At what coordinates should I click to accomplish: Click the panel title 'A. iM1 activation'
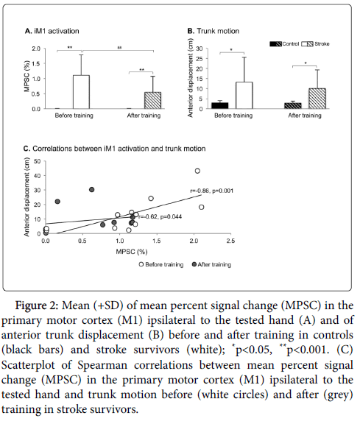tap(52, 31)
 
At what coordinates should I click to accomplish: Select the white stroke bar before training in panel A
tap(81, 92)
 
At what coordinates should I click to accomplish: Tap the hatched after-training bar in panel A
tap(153, 100)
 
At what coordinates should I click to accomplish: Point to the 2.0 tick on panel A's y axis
tap(36, 49)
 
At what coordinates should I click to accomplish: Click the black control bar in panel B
tap(220, 105)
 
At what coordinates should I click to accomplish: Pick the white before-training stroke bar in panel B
tap(244, 96)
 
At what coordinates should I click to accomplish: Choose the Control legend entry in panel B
tap(284, 44)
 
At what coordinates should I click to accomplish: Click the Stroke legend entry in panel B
tap(315, 44)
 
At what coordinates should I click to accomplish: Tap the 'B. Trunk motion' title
tap(213, 31)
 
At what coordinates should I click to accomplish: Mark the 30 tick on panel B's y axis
tap(199, 49)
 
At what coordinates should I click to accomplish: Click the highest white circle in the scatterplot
tap(197, 171)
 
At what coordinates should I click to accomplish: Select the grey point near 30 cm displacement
tap(91, 190)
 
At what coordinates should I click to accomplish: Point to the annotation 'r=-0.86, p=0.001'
tap(212, 191)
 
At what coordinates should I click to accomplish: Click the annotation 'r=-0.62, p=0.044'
tap(160, 216)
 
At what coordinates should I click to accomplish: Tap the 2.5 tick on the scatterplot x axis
tap(230, 241)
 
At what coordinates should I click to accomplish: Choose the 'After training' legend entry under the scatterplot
tap(212, 265)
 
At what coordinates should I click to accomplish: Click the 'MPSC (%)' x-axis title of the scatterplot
tap(132, 252)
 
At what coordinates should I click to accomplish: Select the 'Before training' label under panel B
tap(233, 116)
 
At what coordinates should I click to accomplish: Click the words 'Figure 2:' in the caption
tap(37, 306)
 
